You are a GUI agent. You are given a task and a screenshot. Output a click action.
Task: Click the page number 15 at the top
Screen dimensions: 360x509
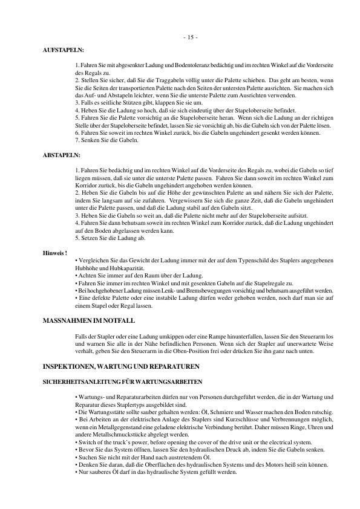pyautogui.click(x=190, y=38)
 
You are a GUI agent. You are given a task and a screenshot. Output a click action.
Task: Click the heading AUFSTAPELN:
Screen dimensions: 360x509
pyautogui.click(x=64, y=50)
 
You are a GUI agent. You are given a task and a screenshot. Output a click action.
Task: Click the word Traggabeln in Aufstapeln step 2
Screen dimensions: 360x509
pyautogui.click(x=157, y=80)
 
